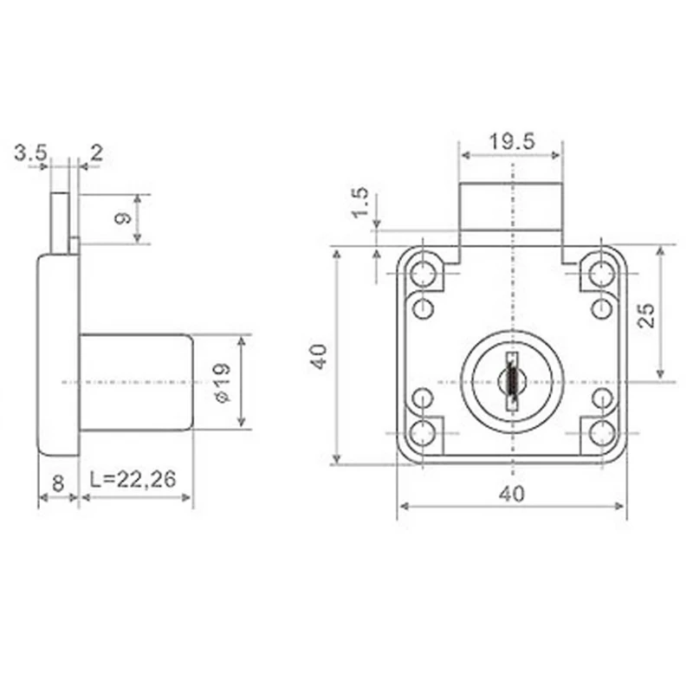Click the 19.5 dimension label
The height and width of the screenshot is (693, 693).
pos(512,141)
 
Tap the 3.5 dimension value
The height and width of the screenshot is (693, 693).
pos(30,153)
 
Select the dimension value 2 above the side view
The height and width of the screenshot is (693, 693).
pos(96,153)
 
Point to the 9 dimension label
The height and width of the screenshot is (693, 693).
pos(123,218)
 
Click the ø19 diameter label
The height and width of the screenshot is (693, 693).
pos(222,382)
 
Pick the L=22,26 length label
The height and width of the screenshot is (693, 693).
pos(133,479)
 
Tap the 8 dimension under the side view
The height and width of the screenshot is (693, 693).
pos(58,483)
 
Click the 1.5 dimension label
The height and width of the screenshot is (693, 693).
pos(359,203)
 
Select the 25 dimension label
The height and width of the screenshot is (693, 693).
pos(646,315)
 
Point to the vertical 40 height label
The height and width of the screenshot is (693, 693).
pos(319,356)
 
